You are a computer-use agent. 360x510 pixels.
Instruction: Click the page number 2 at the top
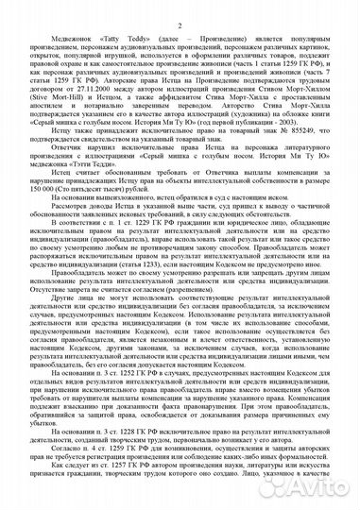180,8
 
